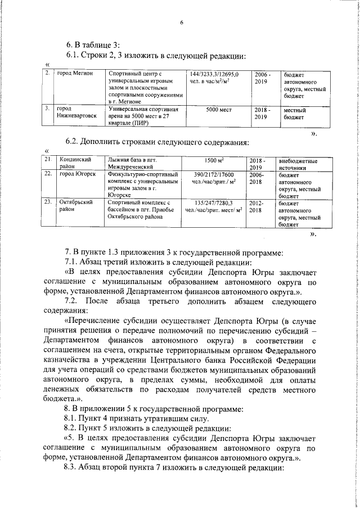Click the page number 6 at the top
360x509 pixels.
[x=182, y=23]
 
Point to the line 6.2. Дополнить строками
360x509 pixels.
[x=157, y=141]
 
